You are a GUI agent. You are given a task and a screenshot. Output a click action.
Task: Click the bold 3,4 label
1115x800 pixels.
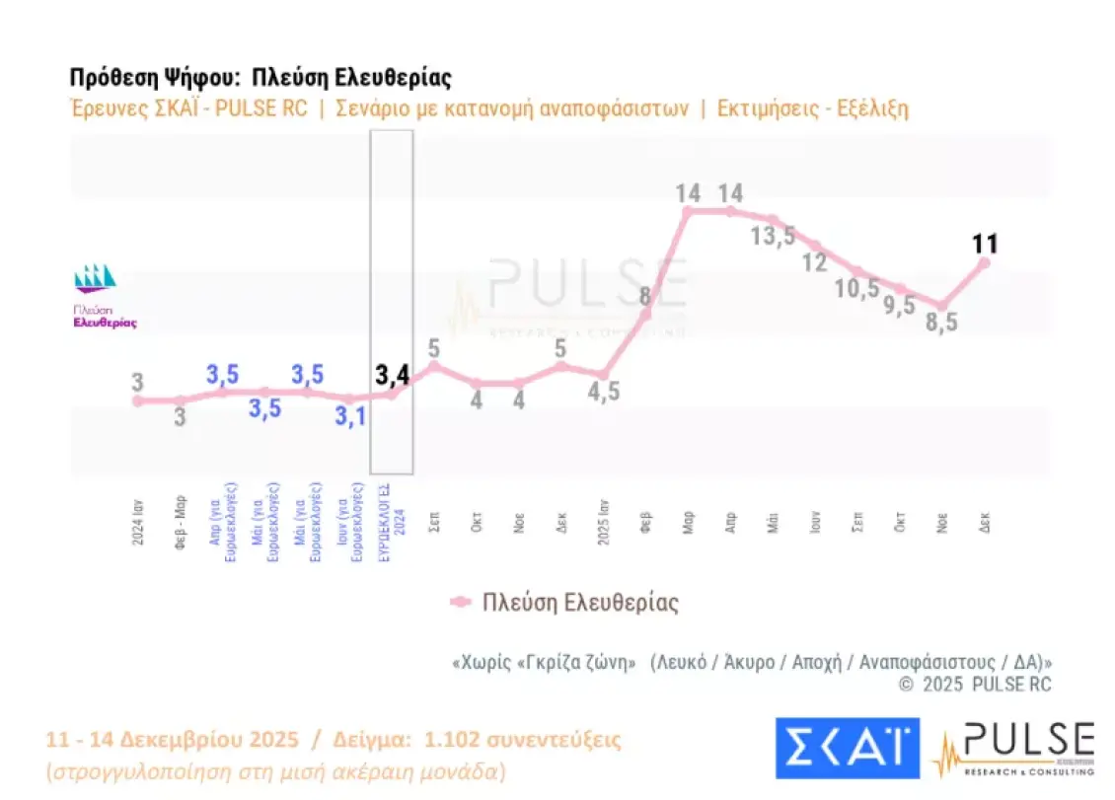pos(393,374)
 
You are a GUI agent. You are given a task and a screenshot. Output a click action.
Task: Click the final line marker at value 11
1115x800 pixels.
pos(984,262)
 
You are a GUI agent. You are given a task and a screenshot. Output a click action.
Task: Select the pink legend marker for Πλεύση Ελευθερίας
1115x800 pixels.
pos(460,602)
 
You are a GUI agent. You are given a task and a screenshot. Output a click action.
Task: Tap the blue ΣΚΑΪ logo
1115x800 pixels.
pos(848,748)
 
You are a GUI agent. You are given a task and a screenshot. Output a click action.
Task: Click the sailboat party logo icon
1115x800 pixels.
pos(96,279)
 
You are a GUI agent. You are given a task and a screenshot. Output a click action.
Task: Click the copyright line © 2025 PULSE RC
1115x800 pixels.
pos(974,684)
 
